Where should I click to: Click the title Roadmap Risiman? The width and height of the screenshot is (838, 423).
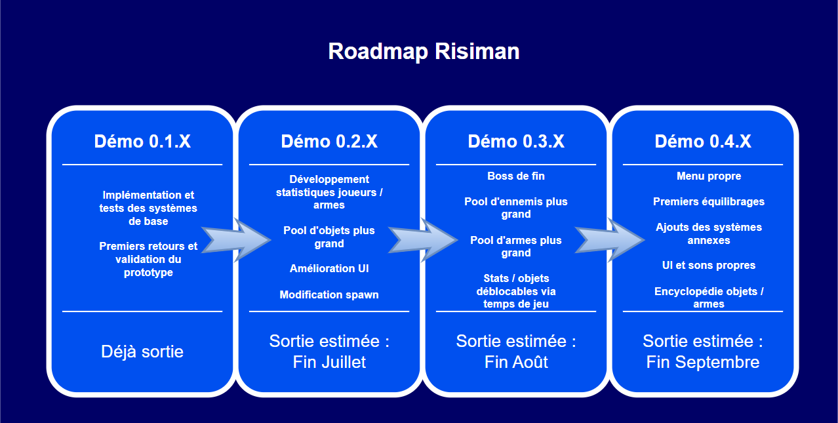[x=424, y=51]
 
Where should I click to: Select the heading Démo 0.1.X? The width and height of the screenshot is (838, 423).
[x=142, y=141]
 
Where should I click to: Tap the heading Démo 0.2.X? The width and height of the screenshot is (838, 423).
[x=329, y=141]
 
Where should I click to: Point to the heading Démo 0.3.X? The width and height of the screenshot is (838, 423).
[x=516, y=141]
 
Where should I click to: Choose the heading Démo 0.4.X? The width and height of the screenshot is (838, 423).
[x=703, y=141]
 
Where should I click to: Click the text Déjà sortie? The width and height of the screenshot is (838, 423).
[x=142, y=352]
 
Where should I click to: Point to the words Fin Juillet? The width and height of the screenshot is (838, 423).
[x=329, y=362]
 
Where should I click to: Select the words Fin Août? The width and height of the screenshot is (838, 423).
[x=516, y=362]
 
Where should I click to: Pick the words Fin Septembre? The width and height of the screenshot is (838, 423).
[x=703, y=362]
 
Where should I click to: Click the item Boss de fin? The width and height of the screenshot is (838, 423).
[x=516, y=176]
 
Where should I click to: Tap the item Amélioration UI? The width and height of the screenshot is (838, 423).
[x=329, y=268]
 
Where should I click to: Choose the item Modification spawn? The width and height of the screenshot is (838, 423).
[x=329, y=294]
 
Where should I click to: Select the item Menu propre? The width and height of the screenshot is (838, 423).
[x=709, y=176]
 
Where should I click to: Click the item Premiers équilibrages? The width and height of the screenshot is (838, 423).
[x=709, y=201]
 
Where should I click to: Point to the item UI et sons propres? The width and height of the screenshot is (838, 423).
[x=709, y=265]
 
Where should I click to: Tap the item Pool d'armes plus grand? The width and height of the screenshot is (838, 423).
[x=516, y=247]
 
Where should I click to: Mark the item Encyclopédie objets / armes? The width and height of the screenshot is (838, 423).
[x=709, y=297]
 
